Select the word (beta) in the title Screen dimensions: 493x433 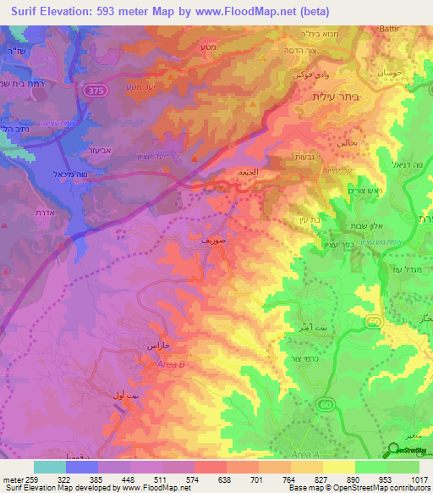[309, 11]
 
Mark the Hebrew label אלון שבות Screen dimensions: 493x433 [365, 225]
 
